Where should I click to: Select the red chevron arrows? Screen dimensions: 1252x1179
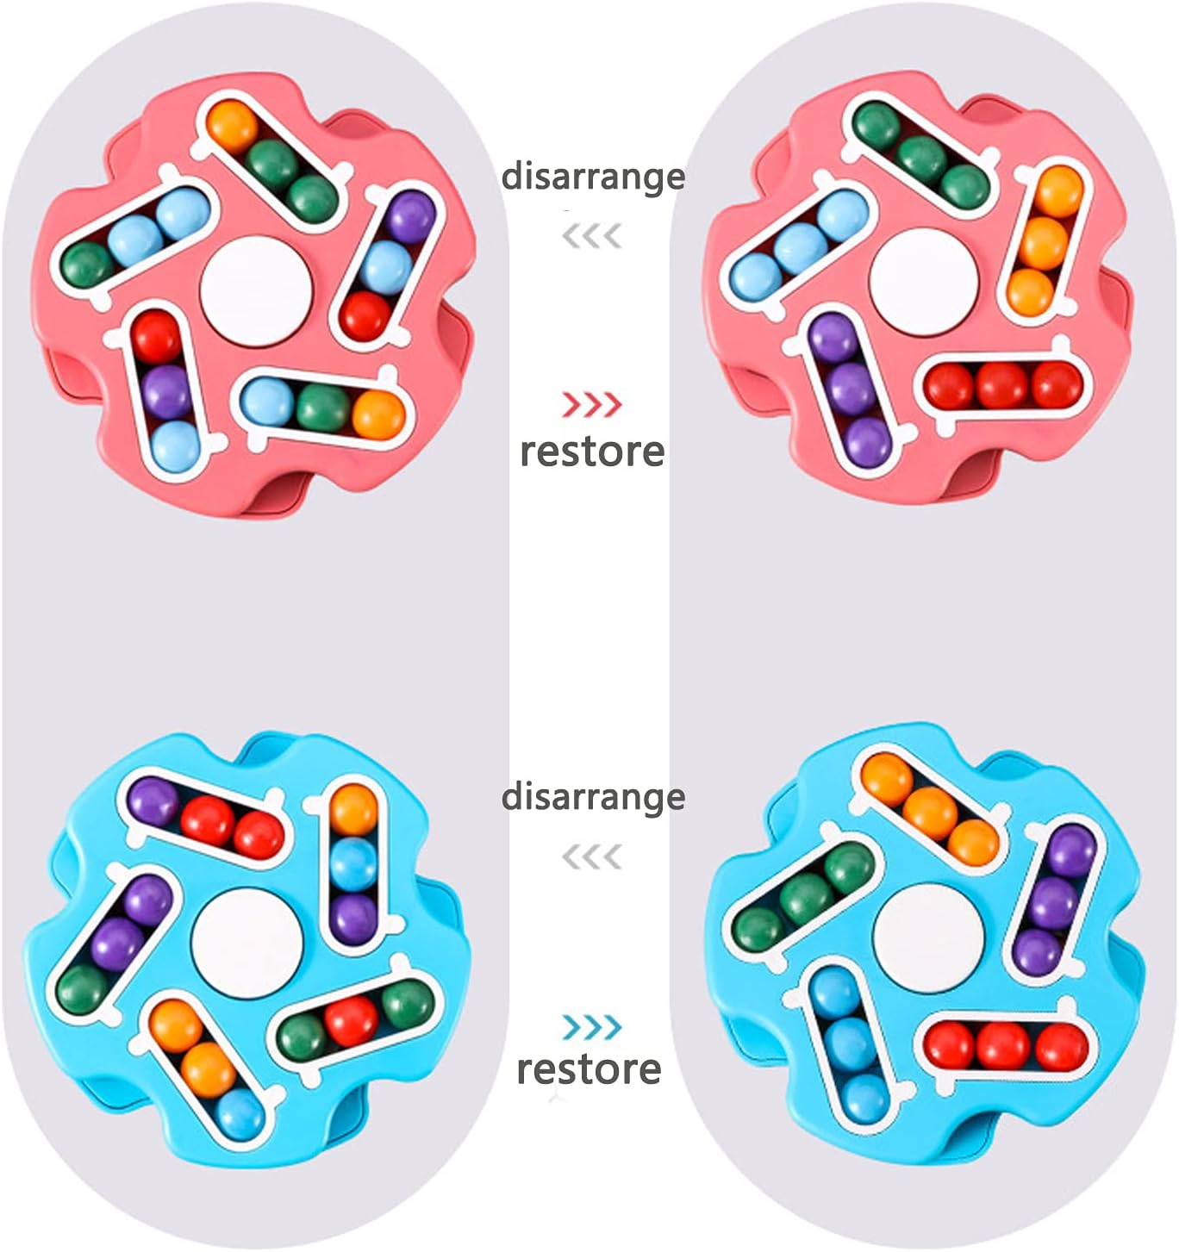coord(592,404)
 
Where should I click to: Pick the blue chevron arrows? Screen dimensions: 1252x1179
coord(592,1027)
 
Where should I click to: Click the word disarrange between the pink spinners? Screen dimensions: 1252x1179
coord(593,177)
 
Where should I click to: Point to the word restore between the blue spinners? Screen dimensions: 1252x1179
coord(589,1068)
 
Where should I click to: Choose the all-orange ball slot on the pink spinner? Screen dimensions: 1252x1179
coord(1044,242)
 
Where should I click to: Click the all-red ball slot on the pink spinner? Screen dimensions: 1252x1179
coord(1002,384)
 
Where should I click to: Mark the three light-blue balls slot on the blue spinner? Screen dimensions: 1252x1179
coord(849,1043)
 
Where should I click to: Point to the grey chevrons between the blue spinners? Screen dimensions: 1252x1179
coord(592,856)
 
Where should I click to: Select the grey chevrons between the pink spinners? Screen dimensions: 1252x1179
coord(592,235)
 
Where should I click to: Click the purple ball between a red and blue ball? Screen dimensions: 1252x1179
coord(165,392)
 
